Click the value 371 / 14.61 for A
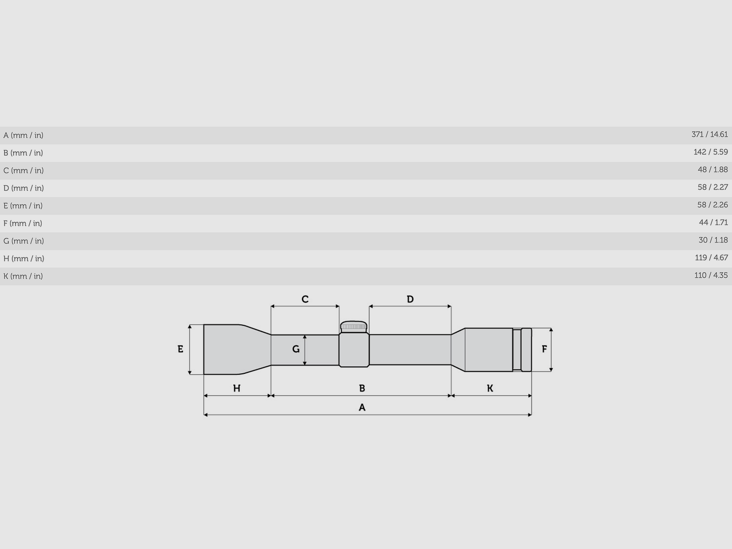709,135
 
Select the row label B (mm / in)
23,153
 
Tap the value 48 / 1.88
712,170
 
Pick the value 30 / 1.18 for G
713,240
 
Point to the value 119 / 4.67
711,258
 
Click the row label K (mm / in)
23,276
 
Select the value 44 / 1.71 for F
713,222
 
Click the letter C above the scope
305,299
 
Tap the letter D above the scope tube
410,299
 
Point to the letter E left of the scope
180,349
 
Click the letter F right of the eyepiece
544,349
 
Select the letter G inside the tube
296,349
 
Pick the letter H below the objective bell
237,388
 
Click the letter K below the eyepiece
490,388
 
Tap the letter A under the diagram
362,407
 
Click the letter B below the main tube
362,388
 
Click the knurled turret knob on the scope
354,326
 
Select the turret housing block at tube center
354,350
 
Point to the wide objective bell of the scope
229,350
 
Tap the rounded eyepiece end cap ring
526,350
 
